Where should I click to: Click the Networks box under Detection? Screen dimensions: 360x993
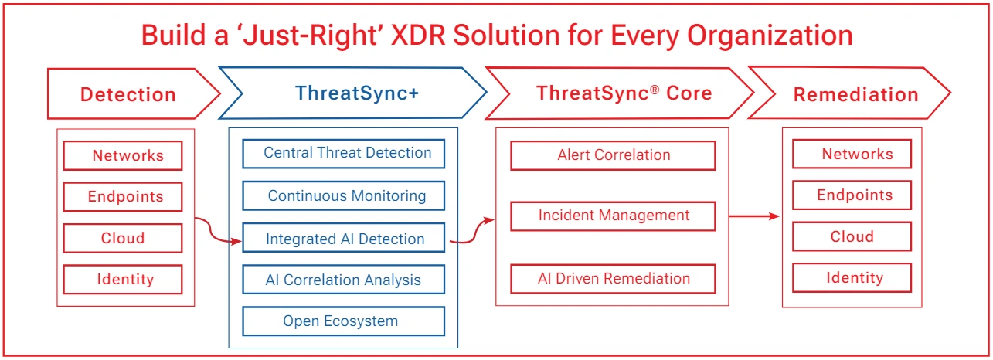pyautogui.click(x=123, y=155)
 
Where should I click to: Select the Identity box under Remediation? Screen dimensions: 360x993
pyautogui.click(x=852, y=277)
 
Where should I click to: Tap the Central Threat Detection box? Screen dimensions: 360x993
pyautogui.click(x=344, y=153)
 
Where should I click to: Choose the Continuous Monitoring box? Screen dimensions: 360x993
pyautogui.click(x=344, y=195)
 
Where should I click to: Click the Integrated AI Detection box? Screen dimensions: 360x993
pyautogui.click(x=344, y=239)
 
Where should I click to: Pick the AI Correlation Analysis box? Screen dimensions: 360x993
pyautogui.click(x=344, y=280)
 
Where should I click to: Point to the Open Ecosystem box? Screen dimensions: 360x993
pyautogui.click(x=344, y=321)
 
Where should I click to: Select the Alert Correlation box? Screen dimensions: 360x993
pyautogui.click(x=613, y=155)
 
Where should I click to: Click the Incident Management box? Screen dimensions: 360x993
pyautogui.click(x=613, y=216)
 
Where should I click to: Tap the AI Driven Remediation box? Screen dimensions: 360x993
pyautogui.click(x=613, y=278)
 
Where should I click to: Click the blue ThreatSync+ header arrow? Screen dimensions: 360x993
pyautogui.click(x=355, y=93)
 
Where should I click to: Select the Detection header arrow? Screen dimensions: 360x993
pyautogui.click(x=129, y=94)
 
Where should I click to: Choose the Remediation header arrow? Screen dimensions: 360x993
pyautogui.click(x=855, y=94)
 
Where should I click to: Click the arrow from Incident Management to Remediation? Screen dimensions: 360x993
pyautogui.click(x=756, y=216)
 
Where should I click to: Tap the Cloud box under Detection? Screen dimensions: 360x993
pyautogui.click(x=123, y=238)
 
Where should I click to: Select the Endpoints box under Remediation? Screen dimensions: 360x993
pyautogui.click(x=852, y=195)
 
